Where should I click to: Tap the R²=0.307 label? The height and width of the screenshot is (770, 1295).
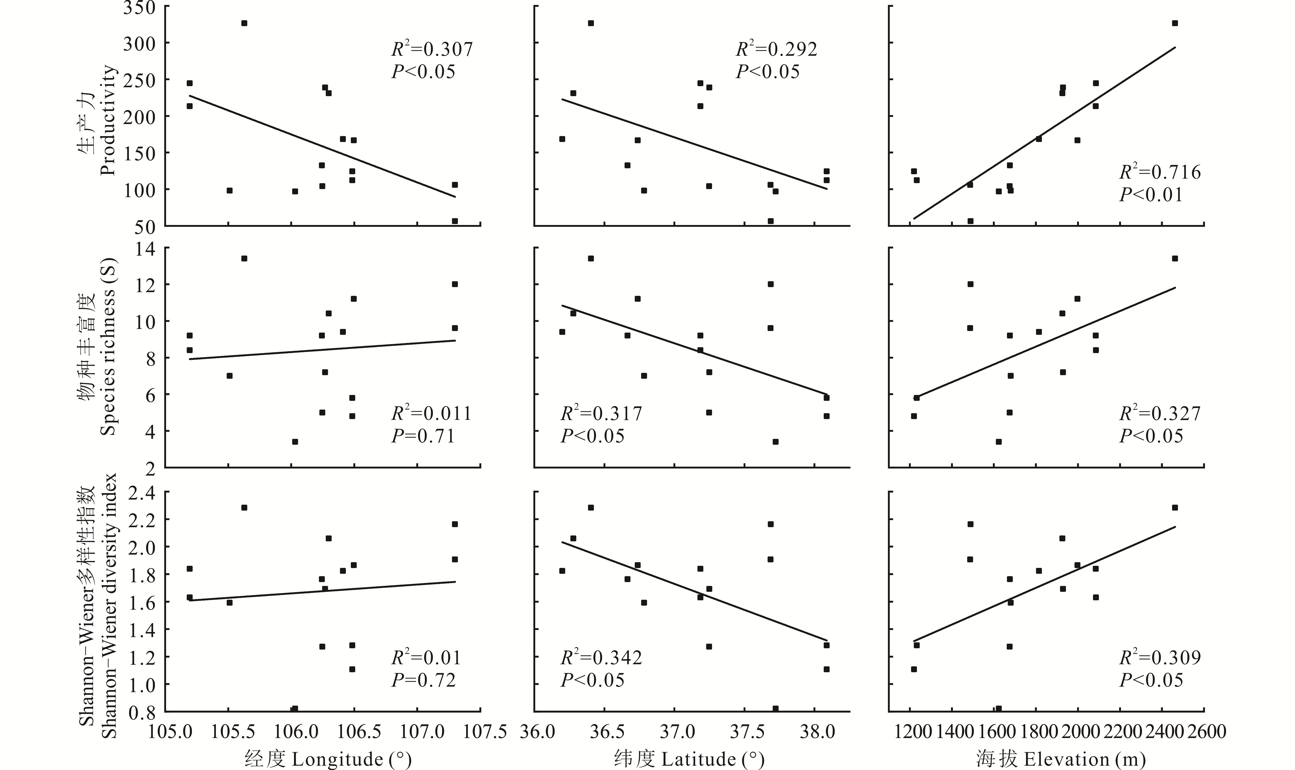click(x=432, y=49)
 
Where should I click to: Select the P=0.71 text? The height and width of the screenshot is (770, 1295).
click(x=423, y=436)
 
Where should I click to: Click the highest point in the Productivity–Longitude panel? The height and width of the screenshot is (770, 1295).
click(x=244, y=23)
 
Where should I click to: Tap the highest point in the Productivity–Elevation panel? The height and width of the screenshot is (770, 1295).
click(x=1175, y=23)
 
